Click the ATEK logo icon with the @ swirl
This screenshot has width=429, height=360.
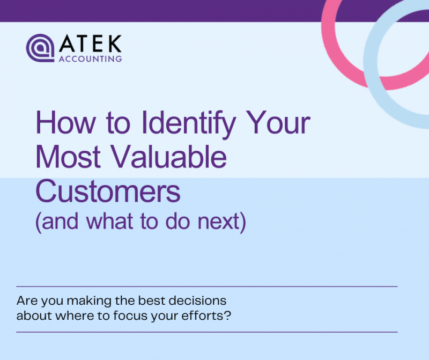(41, 48)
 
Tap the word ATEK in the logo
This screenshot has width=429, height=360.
(91, 43)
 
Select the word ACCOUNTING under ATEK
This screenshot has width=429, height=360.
(91, 58)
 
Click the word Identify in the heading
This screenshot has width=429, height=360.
(188, 123)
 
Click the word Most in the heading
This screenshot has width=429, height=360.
(68, 157)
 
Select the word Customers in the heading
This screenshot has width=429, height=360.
(108, 191)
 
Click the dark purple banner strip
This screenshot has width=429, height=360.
(161, 11)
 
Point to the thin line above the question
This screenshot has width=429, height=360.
(207, 286)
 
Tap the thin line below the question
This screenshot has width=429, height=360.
(207, 332)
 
